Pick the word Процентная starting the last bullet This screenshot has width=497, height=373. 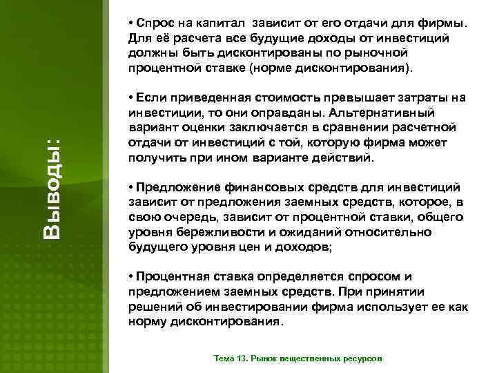coord(168,276)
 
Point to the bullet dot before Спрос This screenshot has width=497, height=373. coord(131,21)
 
